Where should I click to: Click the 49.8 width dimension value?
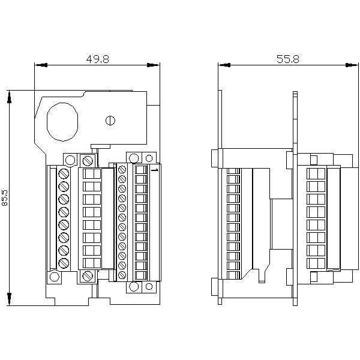97,59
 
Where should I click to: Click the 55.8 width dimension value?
287,59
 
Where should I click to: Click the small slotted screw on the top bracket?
109,121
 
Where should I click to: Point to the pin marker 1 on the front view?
155,171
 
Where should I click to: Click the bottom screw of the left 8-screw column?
63,262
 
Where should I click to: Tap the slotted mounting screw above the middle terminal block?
88,160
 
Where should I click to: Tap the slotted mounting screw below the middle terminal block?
88,276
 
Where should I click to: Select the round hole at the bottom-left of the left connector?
55,277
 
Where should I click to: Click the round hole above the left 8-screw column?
70,160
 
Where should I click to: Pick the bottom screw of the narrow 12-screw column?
122,275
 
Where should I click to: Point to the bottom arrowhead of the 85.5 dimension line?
10,301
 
